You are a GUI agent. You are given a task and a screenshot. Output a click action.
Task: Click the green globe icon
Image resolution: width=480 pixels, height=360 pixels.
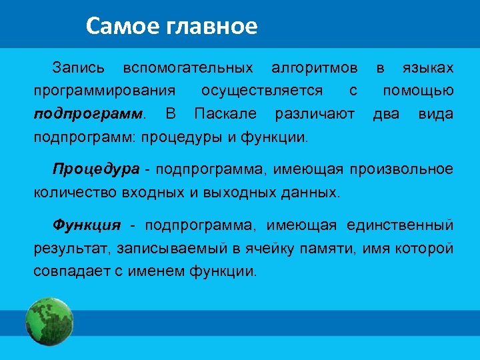point(49,321)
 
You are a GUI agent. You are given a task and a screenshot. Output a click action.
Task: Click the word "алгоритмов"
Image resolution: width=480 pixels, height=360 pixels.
point(314,68)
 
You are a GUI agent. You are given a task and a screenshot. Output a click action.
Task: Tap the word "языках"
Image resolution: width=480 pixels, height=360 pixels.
point(428,68)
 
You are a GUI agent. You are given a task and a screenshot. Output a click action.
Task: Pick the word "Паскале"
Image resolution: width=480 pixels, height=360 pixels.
point(225,114)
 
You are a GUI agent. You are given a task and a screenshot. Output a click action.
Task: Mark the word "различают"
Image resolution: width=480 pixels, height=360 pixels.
point(315,114)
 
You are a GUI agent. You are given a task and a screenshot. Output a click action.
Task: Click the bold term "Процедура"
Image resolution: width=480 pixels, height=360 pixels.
point(96,169)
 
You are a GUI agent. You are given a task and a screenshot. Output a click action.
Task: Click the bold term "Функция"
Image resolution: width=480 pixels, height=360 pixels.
point(87,225)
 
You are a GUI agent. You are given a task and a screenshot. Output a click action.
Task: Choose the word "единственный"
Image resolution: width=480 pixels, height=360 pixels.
point(399,225)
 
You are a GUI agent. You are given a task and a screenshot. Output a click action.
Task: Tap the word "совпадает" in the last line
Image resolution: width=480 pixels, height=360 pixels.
point(69,272)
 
